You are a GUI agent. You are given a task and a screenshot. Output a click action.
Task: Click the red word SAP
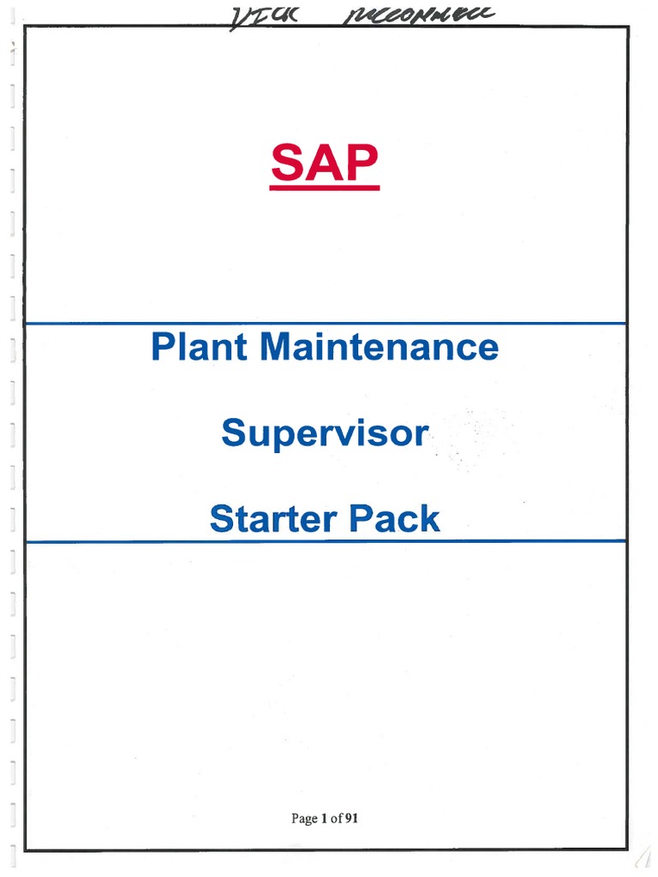pyautogui.click(x=325, y=164)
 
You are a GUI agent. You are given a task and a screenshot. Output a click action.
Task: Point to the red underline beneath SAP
pyautogui.click(x=325, y=188)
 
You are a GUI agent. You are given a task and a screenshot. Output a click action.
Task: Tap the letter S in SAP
pyautogui.click(x=289, y=164)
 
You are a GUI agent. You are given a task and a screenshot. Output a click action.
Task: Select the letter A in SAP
pyautogui.click(x=325, y=164)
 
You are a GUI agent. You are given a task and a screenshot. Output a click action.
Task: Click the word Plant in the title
pyautogui.click(x=200, y=347)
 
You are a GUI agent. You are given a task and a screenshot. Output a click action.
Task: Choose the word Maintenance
pyautogui.click(x=378, y=347)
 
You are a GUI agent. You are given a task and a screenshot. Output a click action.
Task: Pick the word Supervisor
pyautogui.click(x=324, y=434)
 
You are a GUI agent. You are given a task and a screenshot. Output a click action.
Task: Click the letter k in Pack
pyautogui.click(x=431, y=519)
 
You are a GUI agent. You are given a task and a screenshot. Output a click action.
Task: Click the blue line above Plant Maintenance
pyautogui.click(x=326, y=323)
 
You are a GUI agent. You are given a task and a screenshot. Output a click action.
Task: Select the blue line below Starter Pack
pyautogui.click(x=326, y=541)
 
